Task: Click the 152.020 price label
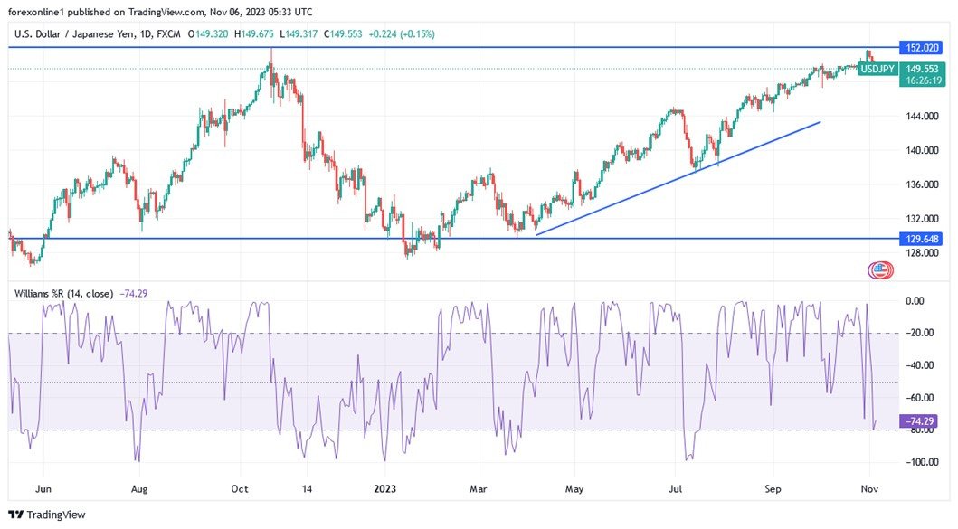[921, 47]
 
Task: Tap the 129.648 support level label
[921, 239]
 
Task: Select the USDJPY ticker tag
[877, 68]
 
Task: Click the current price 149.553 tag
[921, 68]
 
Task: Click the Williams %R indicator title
[63, 293]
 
